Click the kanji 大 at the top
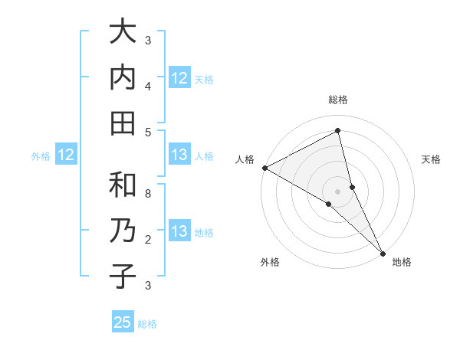[123, 32]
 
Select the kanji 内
[123, 77]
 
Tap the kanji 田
[123, 123]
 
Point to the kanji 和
[123, 185]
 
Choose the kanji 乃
[123, 231]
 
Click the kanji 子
[123, 277]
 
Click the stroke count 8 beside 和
[148, 193]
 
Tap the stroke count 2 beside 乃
[148, 240]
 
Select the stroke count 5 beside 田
[148, 132]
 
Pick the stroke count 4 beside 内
[148, 86]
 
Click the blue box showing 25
[123, 322]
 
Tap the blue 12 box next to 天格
[179, 78]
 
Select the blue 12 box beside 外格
[66, 155]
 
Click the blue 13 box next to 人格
[179, 155]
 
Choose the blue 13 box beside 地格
[179, 231]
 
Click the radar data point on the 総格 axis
[338, 130]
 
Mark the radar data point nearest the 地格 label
[382, 252]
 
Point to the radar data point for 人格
[264, 168]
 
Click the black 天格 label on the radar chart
[431, 159]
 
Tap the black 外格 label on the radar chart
[270, 262]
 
